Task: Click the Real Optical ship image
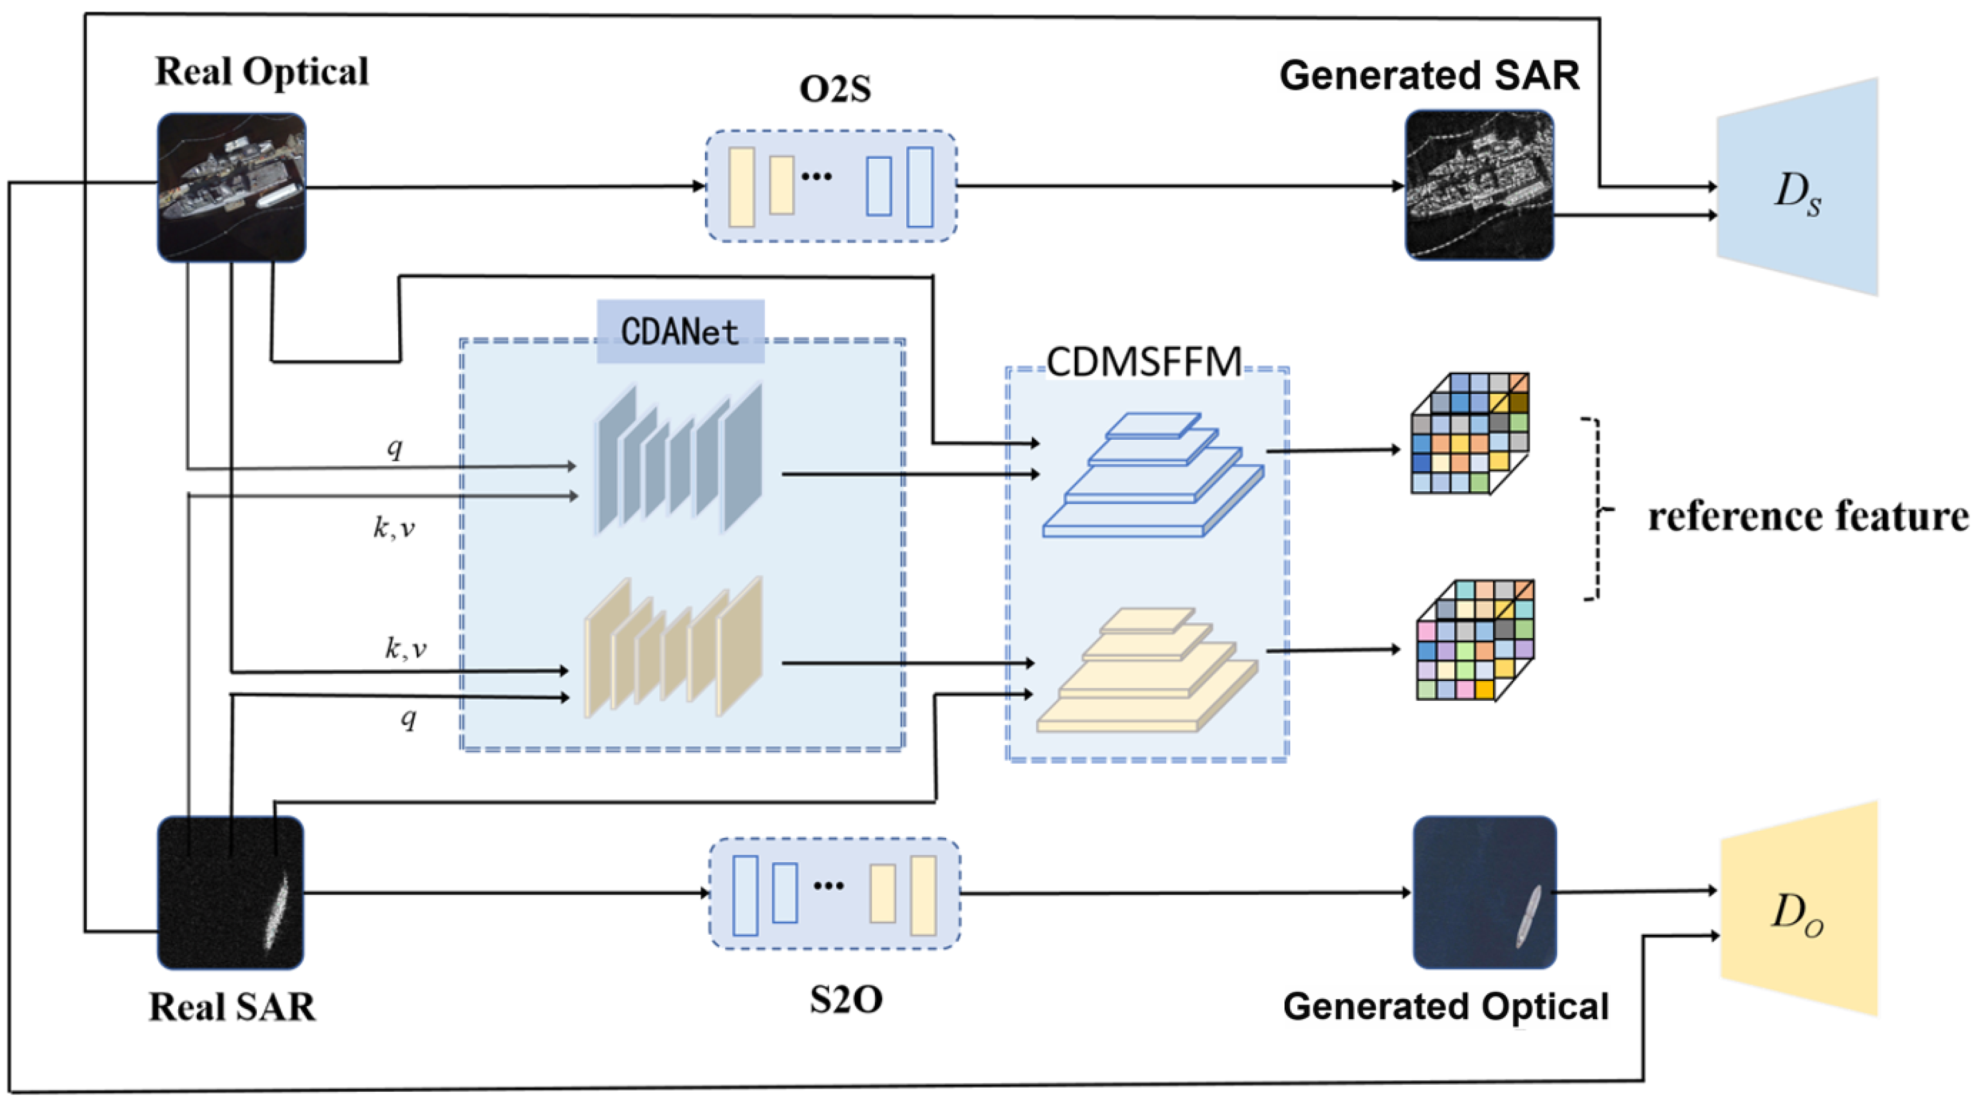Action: (231, 187)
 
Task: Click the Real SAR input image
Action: (230, 892)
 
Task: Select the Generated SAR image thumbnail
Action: (1479, 185)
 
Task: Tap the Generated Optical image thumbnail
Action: (1485, 892)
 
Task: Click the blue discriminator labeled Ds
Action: (1797, 187)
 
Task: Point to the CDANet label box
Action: (681, 331)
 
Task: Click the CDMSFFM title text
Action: (1144, 361)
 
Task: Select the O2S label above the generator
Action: (834, 88)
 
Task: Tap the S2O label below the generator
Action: (845, 998)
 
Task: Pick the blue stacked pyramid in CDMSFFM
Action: (1153, 476)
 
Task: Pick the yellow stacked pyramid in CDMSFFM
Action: (1147, 671)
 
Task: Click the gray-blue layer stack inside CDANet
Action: (679, 460)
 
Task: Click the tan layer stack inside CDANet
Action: (673, 649)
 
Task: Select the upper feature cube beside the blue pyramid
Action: (1470, 434)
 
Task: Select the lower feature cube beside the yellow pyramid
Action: (1474, 640)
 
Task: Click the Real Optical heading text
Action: (262, 71)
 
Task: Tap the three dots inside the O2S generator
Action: (816, 176)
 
